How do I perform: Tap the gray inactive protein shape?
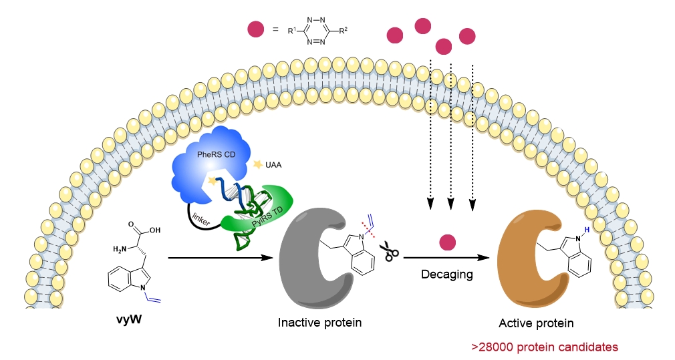point(301,258)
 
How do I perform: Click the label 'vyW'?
point(129,320)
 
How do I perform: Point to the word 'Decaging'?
point(447,275)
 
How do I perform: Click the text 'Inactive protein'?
point(320,323)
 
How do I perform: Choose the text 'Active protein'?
point(536,323)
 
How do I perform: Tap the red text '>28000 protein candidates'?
point(545,347)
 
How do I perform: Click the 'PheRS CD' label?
point(216,154)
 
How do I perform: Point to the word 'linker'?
point(201,218)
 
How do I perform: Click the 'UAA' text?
point(273,165)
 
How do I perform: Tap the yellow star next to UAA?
point(258,164)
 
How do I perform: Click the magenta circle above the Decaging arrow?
point(447,242)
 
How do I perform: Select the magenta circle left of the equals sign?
point(256,29)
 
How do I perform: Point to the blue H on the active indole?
point(587,230)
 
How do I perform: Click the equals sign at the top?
point(275,29)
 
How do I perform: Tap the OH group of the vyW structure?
point(155,230)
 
